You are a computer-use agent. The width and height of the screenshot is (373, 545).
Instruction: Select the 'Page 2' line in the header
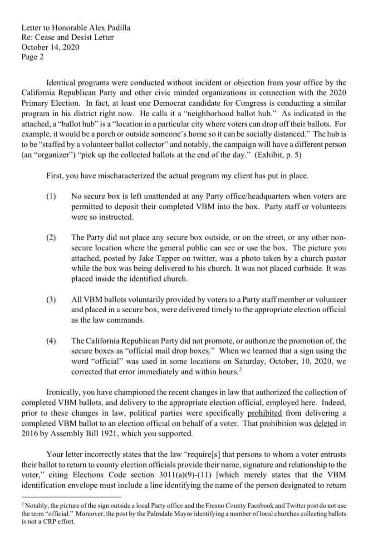click(33, 57)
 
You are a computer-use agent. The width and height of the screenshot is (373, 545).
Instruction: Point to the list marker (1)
click(51, 196)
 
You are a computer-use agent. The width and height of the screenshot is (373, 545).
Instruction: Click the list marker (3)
click(51, 300)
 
